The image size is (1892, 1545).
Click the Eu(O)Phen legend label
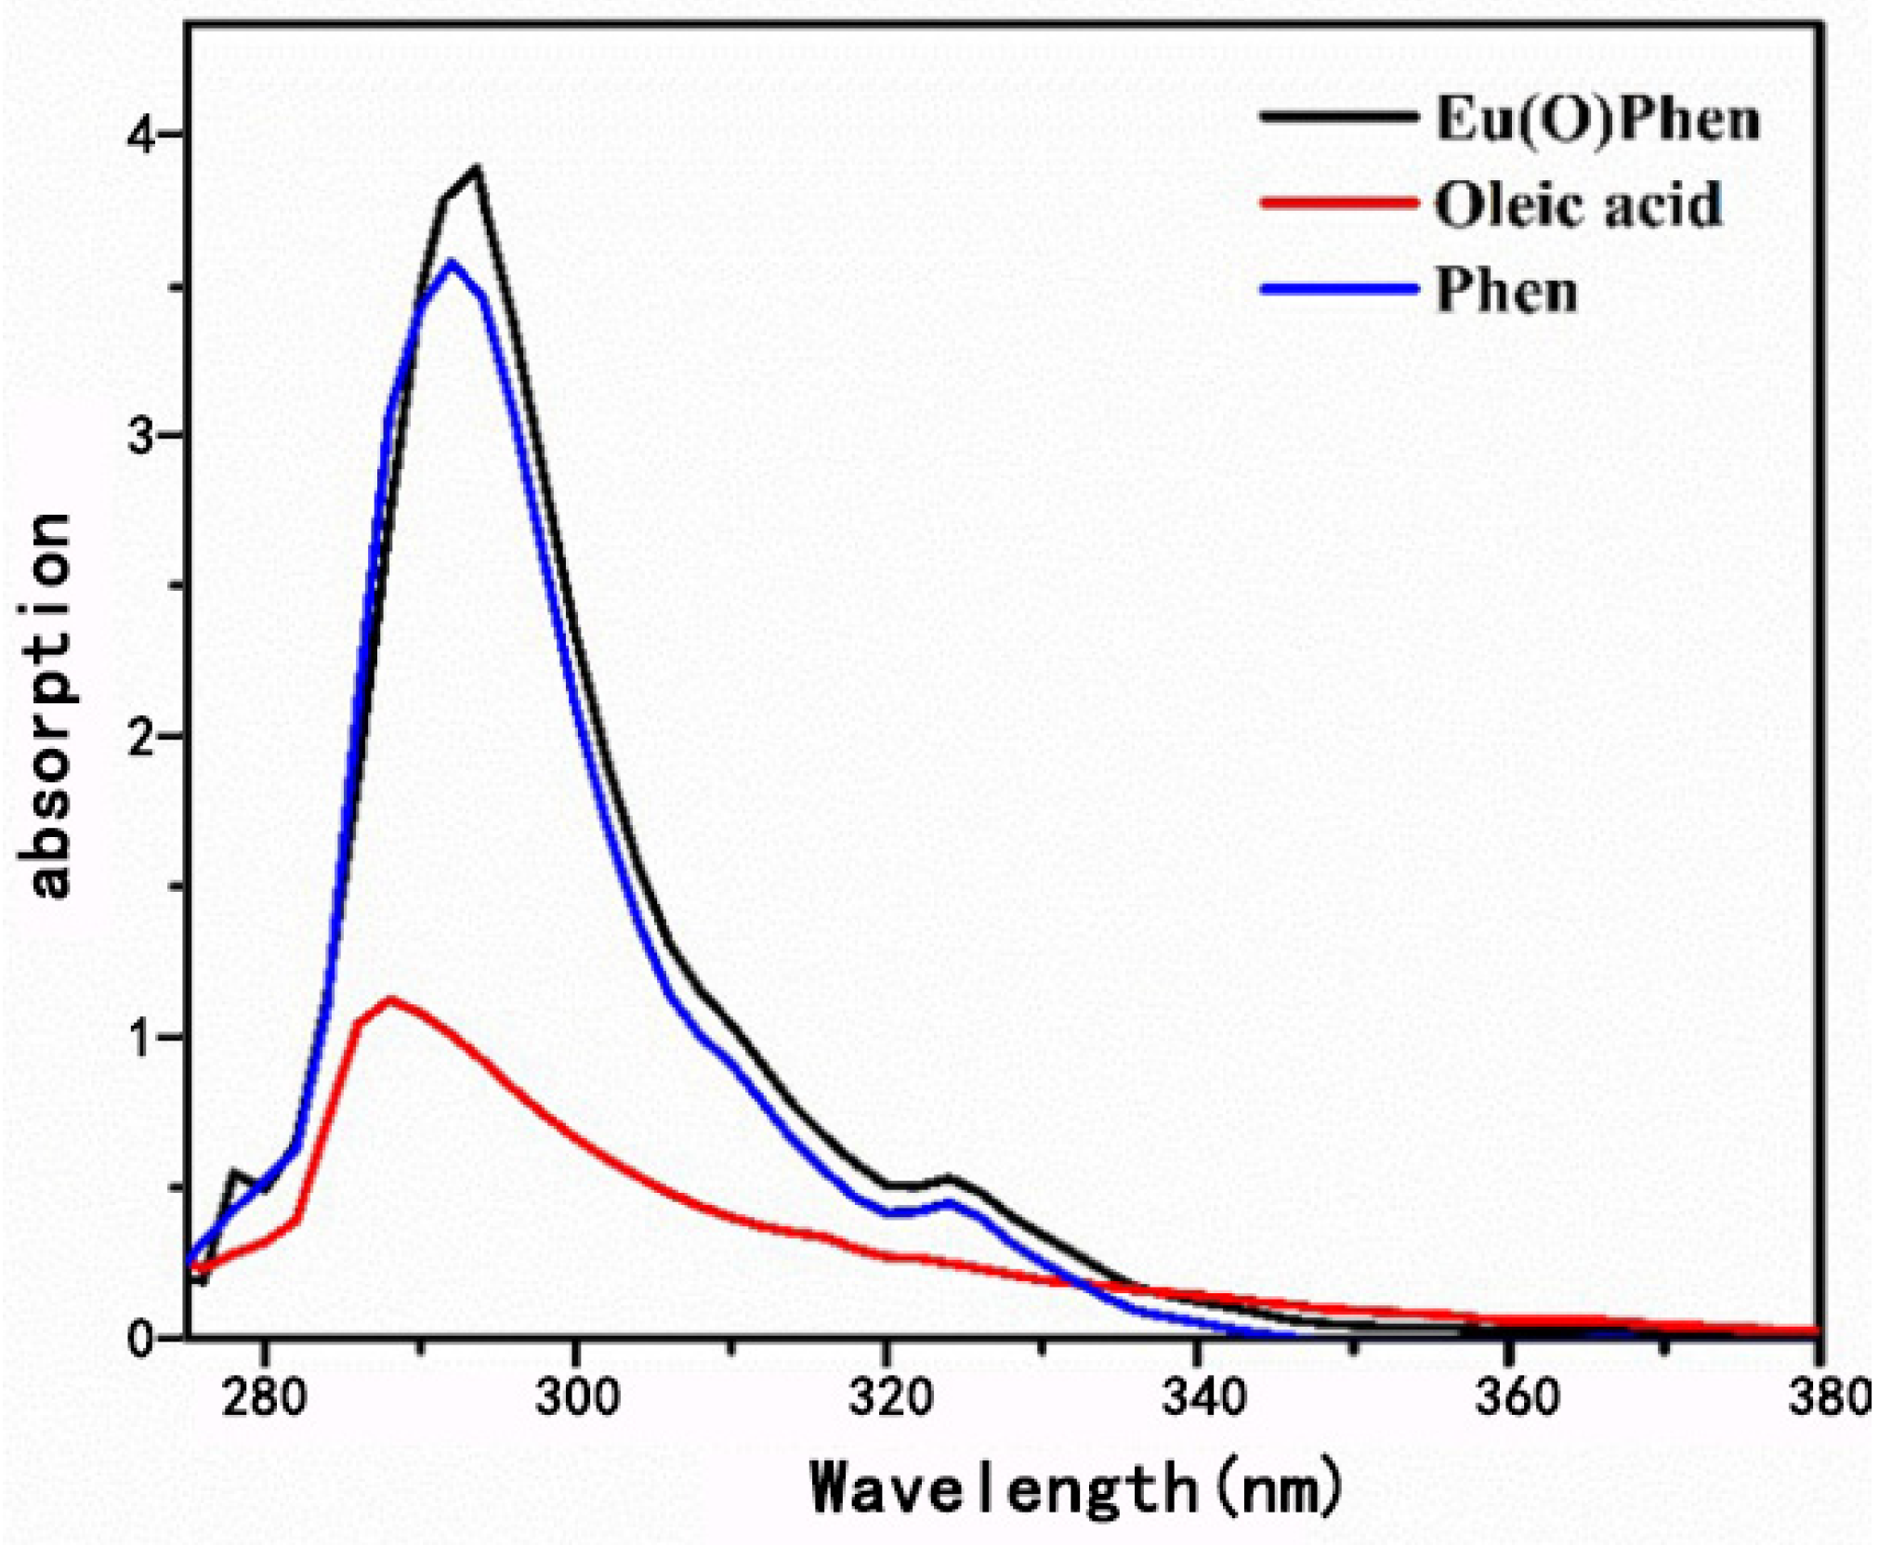pos(1596,120)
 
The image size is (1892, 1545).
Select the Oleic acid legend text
pos(1578,204)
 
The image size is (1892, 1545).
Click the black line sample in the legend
pos(1339,117)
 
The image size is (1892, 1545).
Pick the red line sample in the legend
pos(1339,203)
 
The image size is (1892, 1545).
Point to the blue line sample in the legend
pos(1339,289)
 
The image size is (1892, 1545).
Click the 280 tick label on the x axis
pos(264,1398)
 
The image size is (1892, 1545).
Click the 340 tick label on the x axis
pos(1202,1398)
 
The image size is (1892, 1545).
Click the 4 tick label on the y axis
pos(140,136)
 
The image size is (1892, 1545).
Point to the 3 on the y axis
pos(140,437)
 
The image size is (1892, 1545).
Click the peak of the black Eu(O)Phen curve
pos(477,169)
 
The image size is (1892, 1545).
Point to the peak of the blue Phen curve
pos(453,262)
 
